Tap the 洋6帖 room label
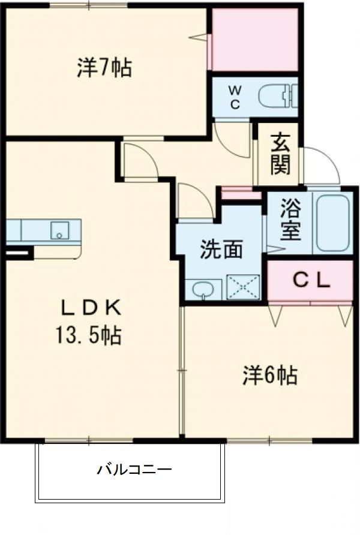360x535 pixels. pos(269,375)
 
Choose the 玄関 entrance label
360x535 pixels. pos(280,155)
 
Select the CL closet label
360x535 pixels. pos(310,280)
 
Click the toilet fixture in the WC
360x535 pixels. pos(278,96)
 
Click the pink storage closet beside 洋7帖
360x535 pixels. pos(256,40)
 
